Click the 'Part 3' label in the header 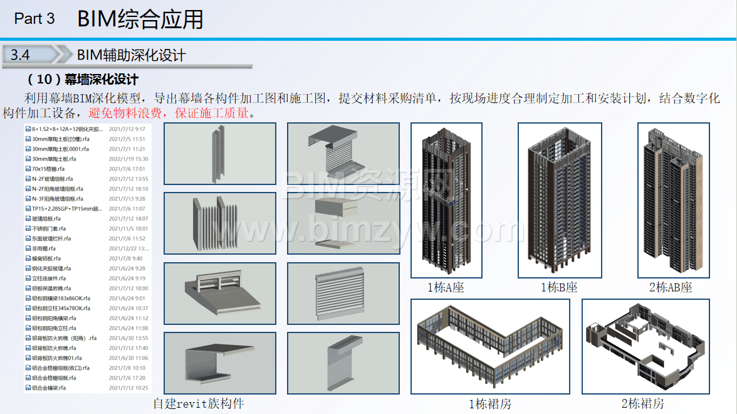(x=34, y=19)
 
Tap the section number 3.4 (x=20, y=55)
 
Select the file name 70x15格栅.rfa (x=48, y=169)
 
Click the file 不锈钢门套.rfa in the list (x=49, y=228)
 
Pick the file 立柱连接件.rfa (x=49, y=278)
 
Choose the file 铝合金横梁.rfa (x=49, y=388)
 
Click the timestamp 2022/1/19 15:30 (x=128, y=159)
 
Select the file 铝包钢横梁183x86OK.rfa (x=61, y=298)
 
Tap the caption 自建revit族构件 (x=199, y=403)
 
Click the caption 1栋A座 (x=446, y=287)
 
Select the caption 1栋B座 (x=559, y=287)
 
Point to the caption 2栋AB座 (x=671, y=287)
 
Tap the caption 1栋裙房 (x=489, y=403)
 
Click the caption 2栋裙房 (x=642, y=403)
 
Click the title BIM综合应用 (x=140, y=19)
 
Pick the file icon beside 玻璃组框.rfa (x=28, y=218)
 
